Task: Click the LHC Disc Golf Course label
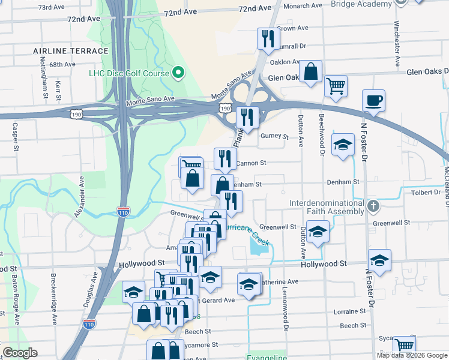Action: pos(129,74)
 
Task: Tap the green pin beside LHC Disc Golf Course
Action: pos(178,74)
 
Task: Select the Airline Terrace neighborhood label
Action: pos(71,51)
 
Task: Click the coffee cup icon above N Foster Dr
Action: pos(374,100)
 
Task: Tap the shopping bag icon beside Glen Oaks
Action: pos(310,71)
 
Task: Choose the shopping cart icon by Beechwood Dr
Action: pos(336,85)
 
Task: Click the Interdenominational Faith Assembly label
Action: pos(327,208)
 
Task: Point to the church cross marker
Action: pos(373,207)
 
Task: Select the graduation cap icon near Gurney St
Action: pos(343,145)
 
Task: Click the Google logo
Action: pos(20,353)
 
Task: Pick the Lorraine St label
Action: pos(345,312)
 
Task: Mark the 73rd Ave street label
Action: pos(51,8)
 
